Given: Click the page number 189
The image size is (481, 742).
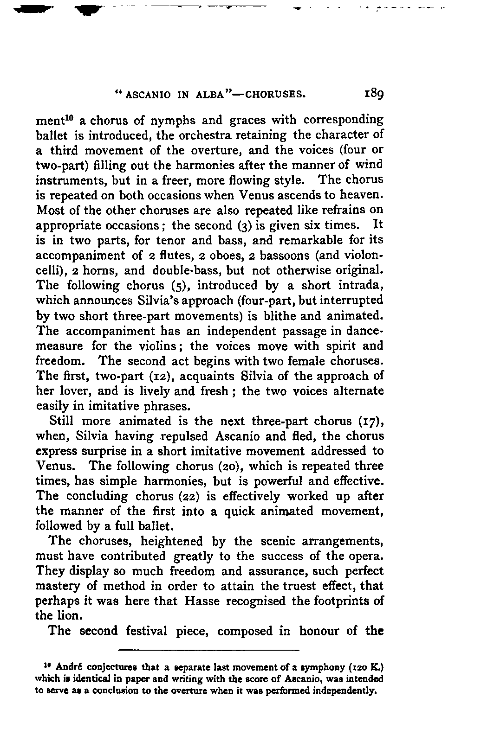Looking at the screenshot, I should tap(373, 96).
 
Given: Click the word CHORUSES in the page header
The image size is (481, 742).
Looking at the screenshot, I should tap(276, 96).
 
